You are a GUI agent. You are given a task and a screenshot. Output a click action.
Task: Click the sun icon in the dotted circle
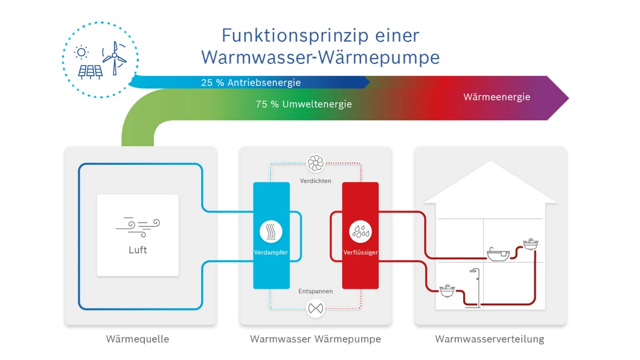click(x=81, y=52)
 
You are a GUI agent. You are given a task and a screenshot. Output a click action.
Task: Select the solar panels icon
click(x=90, y=72)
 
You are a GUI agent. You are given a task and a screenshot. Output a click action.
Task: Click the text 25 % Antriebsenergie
click(x=251, y=82)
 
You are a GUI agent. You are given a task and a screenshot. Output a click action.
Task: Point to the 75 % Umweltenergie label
click(x=304, y=104)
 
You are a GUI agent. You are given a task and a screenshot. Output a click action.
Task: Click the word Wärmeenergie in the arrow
click(x=497, y=97)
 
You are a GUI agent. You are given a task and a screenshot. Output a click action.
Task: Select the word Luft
click(x=138, y=250)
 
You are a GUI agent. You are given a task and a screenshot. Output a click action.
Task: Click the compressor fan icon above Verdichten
click(x=315, y=163)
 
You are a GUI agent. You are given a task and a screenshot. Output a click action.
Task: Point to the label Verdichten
click(x=315, y=181)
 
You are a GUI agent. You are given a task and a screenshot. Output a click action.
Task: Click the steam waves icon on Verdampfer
click(x=271, y=232)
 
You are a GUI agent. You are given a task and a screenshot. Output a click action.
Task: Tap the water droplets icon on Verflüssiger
click(x=360, y=232)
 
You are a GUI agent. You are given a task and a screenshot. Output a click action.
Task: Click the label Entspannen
click(x=315, y=291)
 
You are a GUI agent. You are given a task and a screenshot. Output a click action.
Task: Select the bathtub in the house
click(x=498, y=254)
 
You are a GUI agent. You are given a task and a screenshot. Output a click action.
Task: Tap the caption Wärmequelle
click(x=138, y=339)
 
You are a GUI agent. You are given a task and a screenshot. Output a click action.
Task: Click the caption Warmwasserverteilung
click(x=489, y=339)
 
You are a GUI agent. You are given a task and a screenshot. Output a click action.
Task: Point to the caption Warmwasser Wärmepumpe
click(x=315, y=339)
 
